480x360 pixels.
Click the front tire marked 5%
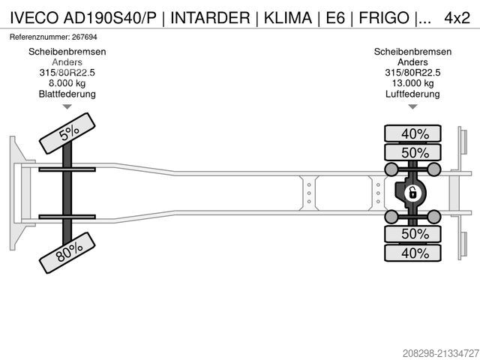pyautogui.click(x=67, y=133)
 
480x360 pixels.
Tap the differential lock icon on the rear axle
pyautogui.click(x=411, y=193)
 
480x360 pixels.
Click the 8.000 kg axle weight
pyautogui.click(x=67, y=83)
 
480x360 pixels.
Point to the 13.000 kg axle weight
pyautogui.click(x=412, y=83)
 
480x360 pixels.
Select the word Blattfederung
pyautogui.click(x=67, y=94)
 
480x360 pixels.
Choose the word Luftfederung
pyautogui.click(x=412, y=94)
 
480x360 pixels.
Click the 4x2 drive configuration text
pyautogui.click(x=458, y=17)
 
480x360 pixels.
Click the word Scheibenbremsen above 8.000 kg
pyautogui.click(x=67, y=52)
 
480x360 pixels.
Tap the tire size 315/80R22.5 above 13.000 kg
pyautogui.click(x=412, y=73)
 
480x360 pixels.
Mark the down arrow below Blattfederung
pyautogui.click(x=67, y=106)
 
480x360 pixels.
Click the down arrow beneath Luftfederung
pyautogui.click(x=412, y=106)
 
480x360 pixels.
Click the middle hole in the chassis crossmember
pyautogui.click(x=308, y=193)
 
